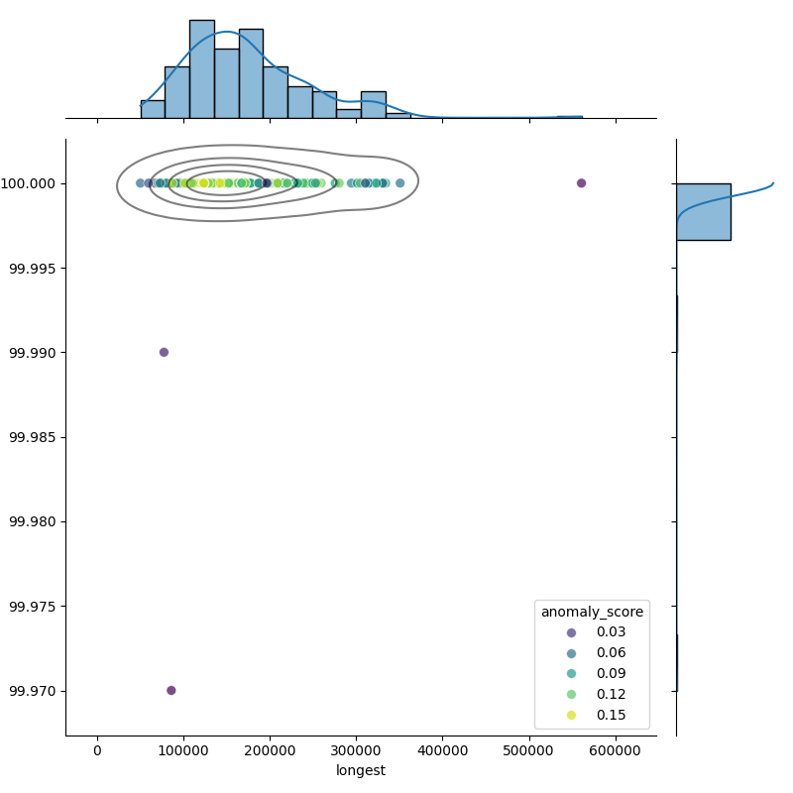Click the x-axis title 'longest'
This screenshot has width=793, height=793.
361,770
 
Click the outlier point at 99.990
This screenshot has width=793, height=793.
164,352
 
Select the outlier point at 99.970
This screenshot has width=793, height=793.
170,690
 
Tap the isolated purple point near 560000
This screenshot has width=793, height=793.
581,182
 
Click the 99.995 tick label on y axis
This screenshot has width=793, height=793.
33,269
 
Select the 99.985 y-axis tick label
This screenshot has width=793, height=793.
33,437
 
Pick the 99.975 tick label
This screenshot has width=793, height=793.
33,606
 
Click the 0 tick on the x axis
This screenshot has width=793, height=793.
97,750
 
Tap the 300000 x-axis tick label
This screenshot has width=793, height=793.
357,750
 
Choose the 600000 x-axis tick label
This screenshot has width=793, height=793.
617,750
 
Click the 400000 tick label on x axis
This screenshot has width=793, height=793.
443,750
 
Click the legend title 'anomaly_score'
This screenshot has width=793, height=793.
592,612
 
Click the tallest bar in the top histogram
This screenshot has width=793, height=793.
201,69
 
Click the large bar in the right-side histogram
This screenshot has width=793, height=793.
703,211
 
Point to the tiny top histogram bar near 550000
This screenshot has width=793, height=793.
569,117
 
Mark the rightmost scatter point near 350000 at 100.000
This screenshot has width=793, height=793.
399,182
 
